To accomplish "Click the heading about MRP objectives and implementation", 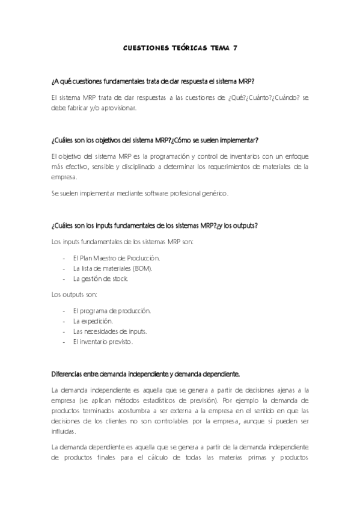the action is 155,140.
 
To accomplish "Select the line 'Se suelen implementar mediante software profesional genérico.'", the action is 140,193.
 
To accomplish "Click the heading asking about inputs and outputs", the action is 155,226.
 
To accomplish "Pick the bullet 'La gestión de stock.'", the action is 100,279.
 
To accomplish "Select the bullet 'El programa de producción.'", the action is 112,310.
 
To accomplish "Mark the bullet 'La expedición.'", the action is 93,321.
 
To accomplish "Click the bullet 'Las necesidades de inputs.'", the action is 110,331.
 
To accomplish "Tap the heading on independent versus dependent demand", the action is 146,374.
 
